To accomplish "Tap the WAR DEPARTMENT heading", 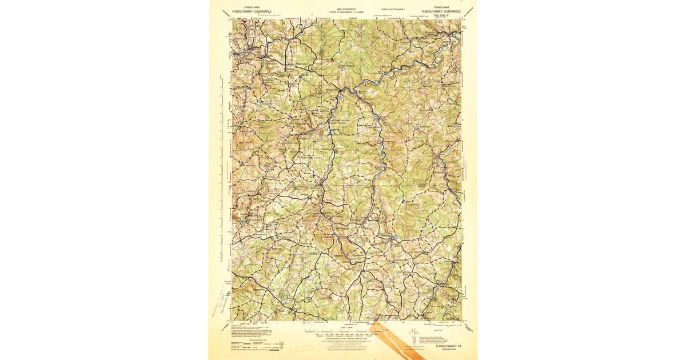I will [346, 9].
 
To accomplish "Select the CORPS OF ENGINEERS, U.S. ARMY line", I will [346, 12].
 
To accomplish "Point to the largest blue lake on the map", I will [393, 235].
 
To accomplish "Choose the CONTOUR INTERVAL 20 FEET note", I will [346, 337].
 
